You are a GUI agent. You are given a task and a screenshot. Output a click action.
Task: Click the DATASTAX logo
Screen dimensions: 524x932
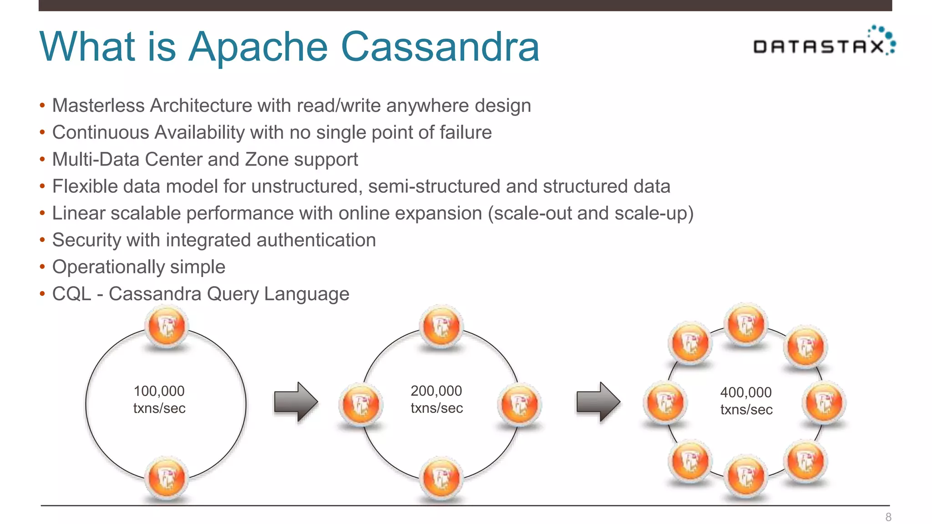click(824, 43)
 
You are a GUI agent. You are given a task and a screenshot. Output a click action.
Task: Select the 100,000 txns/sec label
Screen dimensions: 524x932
click(159, 399)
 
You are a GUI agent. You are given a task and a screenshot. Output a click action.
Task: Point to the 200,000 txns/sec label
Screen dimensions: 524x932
click(436, 399)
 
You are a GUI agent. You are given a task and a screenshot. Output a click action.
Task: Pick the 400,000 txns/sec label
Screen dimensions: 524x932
click(746, 401)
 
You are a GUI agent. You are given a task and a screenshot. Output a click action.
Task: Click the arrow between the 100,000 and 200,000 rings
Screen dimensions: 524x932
click(296, 402)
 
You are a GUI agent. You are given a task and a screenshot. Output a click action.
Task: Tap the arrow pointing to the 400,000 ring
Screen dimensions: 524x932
click(598, 402)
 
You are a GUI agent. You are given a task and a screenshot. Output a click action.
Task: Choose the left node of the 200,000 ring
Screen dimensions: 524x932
click(360, 404)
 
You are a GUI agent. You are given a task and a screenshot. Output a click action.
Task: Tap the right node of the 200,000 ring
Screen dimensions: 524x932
click(519, 404)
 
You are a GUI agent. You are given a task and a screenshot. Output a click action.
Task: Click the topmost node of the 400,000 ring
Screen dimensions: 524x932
click(745, 324)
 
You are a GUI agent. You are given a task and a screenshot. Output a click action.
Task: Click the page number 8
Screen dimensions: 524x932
click(888, 517)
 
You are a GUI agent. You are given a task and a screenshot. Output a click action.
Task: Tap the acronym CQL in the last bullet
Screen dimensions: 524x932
click(71, 294)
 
